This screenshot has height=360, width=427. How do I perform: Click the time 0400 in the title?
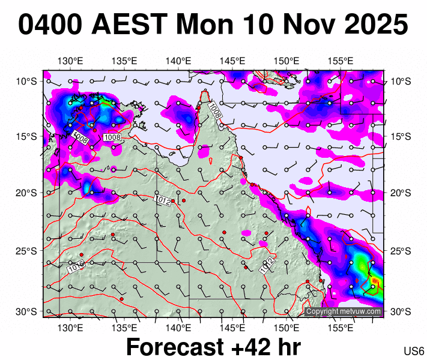[x=50, y=26]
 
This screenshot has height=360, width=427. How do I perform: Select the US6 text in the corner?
[x=414, y=350]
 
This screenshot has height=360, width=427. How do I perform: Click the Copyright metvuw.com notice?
[x=344, y=311]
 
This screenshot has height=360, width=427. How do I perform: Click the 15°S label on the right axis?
[x=400, y=137]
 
